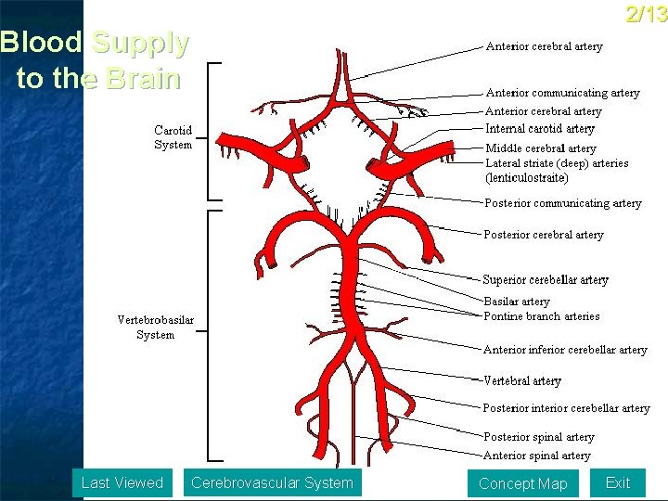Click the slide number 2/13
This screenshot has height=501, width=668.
[647, 14]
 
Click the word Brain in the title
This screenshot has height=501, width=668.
[143, 78]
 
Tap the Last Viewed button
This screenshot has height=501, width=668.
[122, 482]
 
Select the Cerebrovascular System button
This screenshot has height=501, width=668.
[272, 482]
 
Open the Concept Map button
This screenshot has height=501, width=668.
[522, 483]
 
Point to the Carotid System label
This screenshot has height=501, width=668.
[173, 137]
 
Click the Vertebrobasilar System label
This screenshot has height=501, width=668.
[156, 328]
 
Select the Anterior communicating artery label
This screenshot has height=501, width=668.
[563, 93]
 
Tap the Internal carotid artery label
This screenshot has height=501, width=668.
[540, 129]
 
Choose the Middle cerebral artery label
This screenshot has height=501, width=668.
[541, 148]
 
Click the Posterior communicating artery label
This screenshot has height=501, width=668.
[563, 203]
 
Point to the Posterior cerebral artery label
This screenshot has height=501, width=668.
[544, 235]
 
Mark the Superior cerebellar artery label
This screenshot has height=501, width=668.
[546, 279]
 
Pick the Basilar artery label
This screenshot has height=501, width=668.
[517, 302]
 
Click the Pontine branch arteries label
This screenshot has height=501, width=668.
[542, 316]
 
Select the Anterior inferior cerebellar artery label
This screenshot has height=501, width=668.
[565, 350]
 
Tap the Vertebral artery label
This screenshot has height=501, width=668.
[522, 380]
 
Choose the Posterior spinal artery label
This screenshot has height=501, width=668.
[539, 437]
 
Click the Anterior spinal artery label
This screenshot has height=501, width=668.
[537, 456]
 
